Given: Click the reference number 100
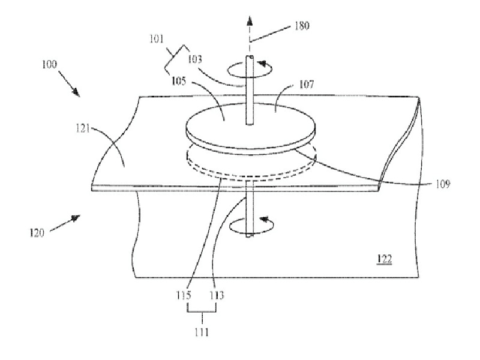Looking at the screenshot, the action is [49, 64].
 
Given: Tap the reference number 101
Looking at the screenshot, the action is [157, 39].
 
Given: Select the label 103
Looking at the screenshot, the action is [195, 59].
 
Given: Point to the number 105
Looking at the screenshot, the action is [178, 81].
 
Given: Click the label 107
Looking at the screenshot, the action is [306, 84].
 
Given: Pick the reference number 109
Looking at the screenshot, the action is [443, 184].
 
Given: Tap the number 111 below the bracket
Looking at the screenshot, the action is [202, 332].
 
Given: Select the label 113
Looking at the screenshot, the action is [217, 295].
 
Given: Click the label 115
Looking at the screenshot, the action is [184, 295].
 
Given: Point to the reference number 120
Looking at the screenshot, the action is [37, 233].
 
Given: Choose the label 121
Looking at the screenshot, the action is [83, 128].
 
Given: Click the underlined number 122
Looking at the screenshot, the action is [384, 259].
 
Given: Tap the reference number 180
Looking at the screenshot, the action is [302, 25].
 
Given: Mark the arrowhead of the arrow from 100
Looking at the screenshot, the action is [76, 92].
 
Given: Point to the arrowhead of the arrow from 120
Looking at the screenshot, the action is [76, 218].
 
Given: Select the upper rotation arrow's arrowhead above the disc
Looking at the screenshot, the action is [262, 64].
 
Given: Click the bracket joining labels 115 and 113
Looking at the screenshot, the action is [202, 311].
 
